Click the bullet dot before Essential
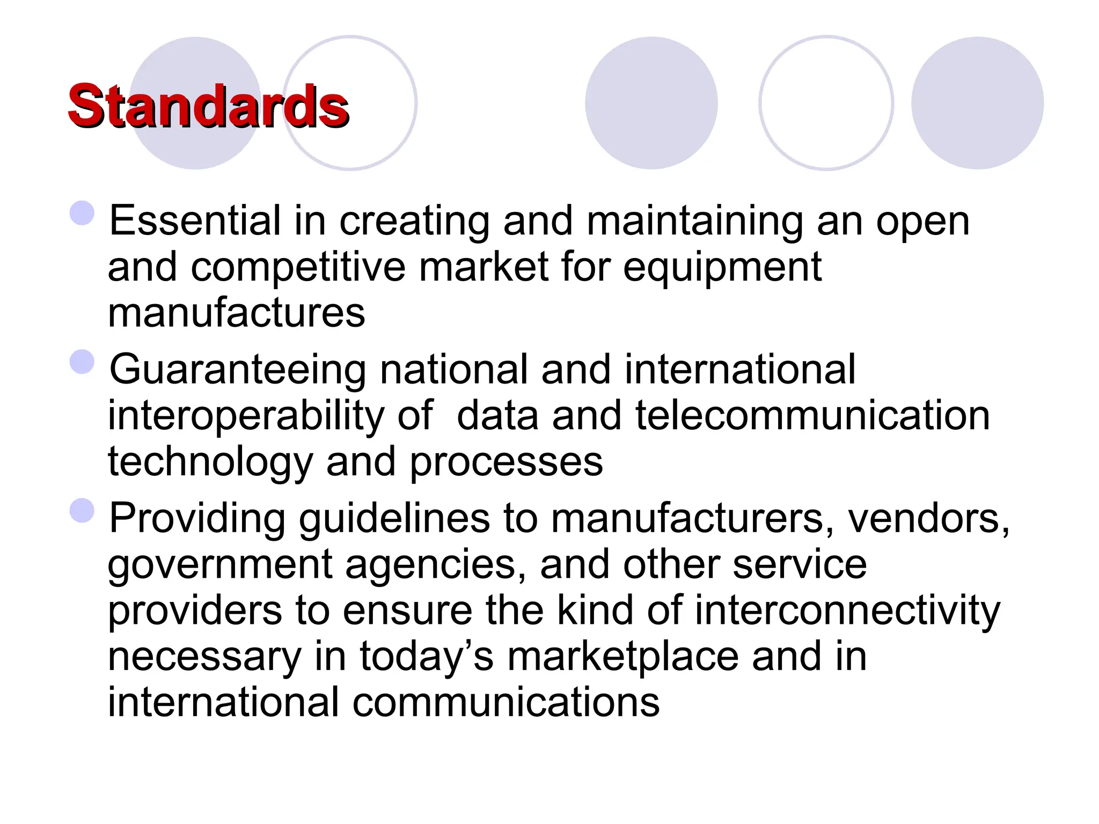82,213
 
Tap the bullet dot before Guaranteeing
82,362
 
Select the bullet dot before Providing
82,510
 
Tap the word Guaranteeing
238,370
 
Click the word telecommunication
812,416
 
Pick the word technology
210,462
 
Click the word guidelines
394,519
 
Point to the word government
219,565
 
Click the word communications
505,703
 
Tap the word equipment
722,267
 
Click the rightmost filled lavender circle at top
977,103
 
